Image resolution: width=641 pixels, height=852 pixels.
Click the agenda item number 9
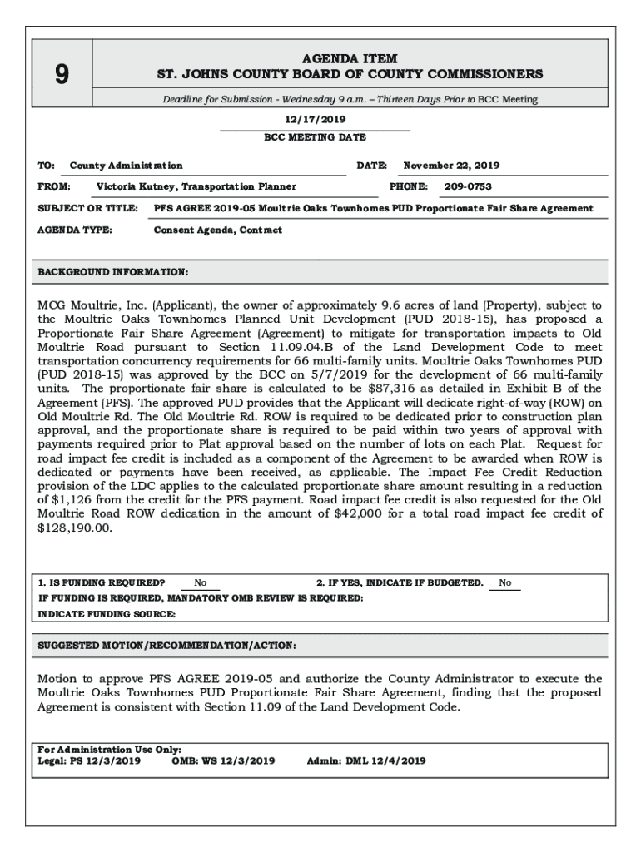coord(62,75)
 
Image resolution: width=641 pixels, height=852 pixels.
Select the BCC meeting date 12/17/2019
coord(314,120)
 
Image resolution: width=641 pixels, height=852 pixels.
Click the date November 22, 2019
coord(451,166)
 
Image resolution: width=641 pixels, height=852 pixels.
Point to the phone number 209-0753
coord(467,186)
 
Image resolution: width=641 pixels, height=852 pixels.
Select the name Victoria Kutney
coord(136,186)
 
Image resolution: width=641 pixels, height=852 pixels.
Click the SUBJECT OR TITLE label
coord(87,208)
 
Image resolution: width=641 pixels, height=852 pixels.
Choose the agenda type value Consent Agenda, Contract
coord(218,230)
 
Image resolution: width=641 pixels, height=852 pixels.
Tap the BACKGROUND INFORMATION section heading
coord(113,272)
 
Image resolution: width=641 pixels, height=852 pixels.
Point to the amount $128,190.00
coord(75,528)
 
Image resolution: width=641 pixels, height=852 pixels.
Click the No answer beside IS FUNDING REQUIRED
coord(201,583)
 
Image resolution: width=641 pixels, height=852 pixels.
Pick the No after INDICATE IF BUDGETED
coord(505,583)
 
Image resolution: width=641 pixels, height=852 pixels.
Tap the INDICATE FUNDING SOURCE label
coord(107,614)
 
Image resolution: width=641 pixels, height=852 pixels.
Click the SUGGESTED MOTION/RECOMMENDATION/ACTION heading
coord(166,646)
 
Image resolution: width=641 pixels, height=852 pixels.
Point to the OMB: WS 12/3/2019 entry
coord(223,760)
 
